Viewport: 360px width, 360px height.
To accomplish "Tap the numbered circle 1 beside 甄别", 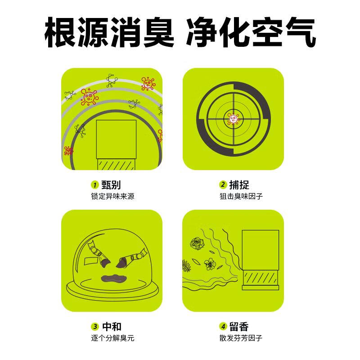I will click(95, 185).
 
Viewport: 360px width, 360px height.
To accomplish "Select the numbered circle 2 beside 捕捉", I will click(223, 185).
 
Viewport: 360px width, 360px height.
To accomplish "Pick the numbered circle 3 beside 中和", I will click(95, 327).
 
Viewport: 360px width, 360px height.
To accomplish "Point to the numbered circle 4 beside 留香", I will click(223, 327).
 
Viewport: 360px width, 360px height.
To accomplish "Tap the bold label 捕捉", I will click(239, 185).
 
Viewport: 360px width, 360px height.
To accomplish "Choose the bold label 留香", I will click(239, 327).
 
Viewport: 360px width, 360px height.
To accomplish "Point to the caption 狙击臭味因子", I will click(241, 196).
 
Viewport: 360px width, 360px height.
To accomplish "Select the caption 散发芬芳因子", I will click(241, 338).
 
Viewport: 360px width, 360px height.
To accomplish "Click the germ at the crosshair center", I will click(233, 119).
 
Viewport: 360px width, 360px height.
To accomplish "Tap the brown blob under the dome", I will click(112, 278).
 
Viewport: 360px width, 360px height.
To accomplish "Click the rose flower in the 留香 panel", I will click(196, 244).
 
